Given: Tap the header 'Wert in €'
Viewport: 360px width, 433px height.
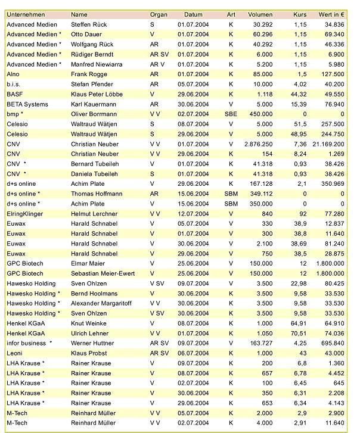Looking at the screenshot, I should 331,14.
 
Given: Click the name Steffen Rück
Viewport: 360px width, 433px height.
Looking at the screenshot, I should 89,24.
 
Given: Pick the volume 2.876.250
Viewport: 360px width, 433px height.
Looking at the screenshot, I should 257,144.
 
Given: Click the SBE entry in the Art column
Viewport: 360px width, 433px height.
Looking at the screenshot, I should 231,114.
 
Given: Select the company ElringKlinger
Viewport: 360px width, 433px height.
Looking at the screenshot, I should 26,213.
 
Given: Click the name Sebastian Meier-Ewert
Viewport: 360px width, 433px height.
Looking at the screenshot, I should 103,273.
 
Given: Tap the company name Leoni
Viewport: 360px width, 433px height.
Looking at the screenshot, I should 15,353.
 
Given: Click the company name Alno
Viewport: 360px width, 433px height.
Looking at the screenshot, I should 13,74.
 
